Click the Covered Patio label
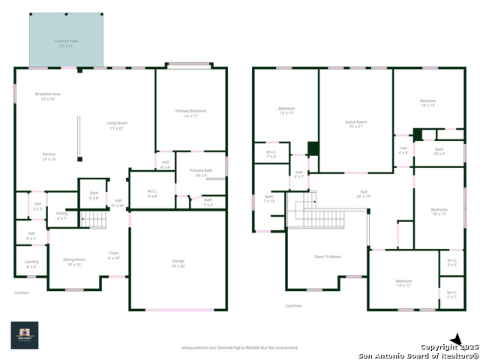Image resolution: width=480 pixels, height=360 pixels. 66,43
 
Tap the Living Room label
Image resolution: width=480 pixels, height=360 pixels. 116,125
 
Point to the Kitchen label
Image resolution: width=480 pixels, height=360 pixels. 49,156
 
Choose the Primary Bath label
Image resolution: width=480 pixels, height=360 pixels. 201,172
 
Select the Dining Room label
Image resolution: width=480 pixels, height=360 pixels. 74,262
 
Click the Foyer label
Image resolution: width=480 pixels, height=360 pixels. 114,255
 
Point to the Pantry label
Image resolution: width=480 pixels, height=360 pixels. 61,216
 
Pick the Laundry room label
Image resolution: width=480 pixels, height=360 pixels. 31,263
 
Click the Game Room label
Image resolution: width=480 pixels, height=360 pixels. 355,123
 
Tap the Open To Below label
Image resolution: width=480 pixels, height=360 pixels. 327,256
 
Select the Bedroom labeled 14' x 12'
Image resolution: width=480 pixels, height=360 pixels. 403,283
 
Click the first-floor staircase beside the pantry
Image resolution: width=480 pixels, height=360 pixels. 94,219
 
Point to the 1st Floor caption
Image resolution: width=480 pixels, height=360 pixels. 22,292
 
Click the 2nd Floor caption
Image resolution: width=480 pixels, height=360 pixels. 294,306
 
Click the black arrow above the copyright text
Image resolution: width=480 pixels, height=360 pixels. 455,340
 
